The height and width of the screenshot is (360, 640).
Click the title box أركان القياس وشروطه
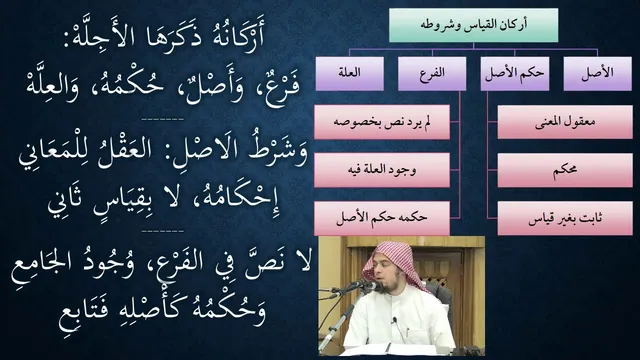[473, 25]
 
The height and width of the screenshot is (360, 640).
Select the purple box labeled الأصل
[598, 73]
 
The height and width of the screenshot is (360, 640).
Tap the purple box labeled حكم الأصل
[515, 73]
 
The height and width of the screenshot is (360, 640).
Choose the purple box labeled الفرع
[432, 73]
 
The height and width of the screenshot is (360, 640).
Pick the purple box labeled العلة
[349, 73]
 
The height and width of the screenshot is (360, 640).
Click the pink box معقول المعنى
[565, 122]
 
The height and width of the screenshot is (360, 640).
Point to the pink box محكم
[565, 170]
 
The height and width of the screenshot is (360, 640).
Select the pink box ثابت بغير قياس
[565, 218]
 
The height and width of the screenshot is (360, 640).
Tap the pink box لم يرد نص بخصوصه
[382, 122]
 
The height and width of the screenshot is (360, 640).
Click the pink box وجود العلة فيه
[382, 170]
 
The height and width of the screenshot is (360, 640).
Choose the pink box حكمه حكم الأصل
[382, 218]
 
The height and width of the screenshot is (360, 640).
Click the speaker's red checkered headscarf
[393, 262]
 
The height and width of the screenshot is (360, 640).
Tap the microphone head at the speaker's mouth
[371, 286]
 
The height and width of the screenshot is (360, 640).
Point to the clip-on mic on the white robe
[393, 321]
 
